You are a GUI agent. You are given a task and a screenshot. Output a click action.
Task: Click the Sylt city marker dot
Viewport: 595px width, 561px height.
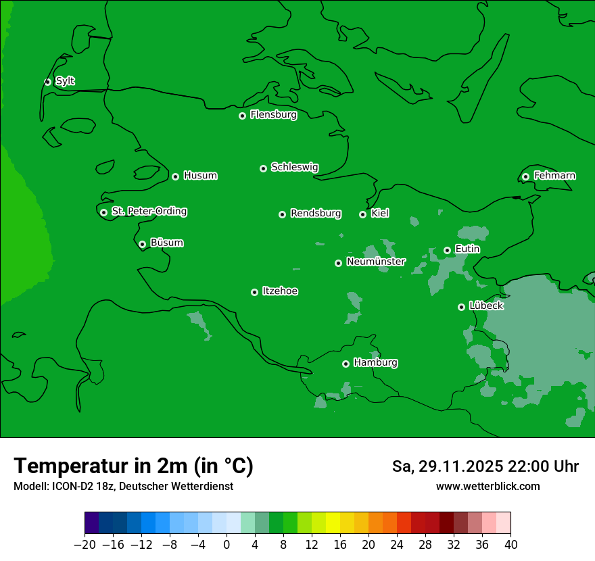coord(47,82)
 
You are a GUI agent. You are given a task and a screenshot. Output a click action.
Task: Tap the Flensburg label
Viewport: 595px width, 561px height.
coord(273,115)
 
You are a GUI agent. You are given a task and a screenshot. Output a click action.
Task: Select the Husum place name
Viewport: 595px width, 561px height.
coord(200,176)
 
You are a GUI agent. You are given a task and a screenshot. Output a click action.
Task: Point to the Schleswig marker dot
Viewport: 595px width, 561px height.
coord(263,168)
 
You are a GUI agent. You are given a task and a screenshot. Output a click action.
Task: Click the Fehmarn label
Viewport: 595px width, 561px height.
coord(554,176)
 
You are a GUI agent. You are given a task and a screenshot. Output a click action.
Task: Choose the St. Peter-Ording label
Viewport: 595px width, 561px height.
coord(149,212)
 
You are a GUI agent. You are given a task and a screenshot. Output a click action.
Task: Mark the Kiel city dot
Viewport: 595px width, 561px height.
coord(362,214)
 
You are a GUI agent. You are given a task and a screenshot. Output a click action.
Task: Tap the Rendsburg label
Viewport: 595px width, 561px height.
coord(315,214)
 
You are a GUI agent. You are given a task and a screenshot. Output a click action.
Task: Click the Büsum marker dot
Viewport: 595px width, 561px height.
coord(142,244)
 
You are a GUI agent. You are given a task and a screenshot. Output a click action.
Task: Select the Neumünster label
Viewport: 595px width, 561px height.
coord(375,262)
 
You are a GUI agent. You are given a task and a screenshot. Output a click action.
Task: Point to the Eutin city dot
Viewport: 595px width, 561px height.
coord(447,250)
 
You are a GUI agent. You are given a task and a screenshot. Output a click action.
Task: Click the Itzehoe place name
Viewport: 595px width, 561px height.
coord(280,291)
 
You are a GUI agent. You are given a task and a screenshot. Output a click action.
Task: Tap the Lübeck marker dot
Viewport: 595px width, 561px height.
coord(461,307)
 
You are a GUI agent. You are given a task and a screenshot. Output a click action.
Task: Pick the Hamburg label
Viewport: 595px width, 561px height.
coord(375,363)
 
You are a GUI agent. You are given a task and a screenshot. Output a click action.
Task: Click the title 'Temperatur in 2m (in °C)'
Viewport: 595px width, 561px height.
coord(133,466)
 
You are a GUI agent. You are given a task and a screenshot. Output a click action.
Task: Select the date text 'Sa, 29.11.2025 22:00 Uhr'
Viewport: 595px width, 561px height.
coord(485,466)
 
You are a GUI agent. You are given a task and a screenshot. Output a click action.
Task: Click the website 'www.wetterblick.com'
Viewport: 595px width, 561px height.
coord(487,486)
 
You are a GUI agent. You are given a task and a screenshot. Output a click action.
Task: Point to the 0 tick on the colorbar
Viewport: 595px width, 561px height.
coord(227,545)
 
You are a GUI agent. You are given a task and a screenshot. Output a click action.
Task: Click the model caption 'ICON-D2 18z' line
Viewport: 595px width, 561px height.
coord(123,486)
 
